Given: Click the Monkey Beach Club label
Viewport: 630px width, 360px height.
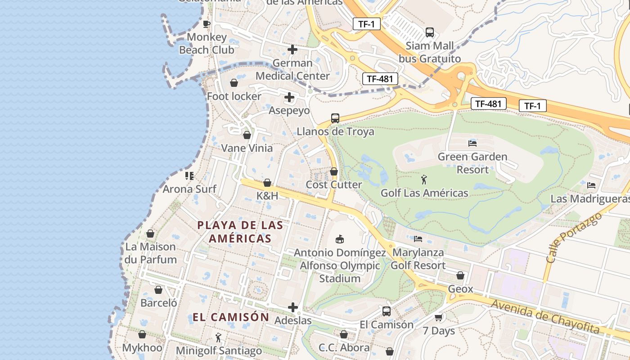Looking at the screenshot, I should coord(207,43).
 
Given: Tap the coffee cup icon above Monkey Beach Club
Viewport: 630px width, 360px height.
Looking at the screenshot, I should coord(207,24).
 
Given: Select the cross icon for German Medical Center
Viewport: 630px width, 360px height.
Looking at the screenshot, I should coord(292,49).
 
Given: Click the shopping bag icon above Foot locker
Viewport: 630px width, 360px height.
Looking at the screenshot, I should coord(234,83).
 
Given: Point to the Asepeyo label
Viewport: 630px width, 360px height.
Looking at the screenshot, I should coord(289,110).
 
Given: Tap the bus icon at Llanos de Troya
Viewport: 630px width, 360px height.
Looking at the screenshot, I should coord(335,118).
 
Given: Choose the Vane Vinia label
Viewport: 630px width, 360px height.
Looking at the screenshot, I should coord(247,148).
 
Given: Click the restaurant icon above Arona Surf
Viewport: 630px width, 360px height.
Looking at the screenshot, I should coord(189,175).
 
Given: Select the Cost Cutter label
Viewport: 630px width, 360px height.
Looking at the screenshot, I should coord(334,184).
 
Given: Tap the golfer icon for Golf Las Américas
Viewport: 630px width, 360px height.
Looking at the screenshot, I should coord(424,180).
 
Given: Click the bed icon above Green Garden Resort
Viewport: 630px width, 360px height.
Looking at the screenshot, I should coord(472,144).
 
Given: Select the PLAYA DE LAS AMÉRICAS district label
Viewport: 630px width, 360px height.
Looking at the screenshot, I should coord(240,232).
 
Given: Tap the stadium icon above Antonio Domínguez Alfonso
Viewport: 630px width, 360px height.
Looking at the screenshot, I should coord(340,239).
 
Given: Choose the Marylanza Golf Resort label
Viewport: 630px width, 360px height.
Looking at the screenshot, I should coord(418,259).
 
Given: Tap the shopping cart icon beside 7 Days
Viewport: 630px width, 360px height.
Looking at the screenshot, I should coord(439,317).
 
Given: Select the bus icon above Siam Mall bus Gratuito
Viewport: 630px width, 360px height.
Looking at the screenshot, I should coord(430,32).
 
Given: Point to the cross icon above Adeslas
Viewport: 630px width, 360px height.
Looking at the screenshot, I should coord(293,307).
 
